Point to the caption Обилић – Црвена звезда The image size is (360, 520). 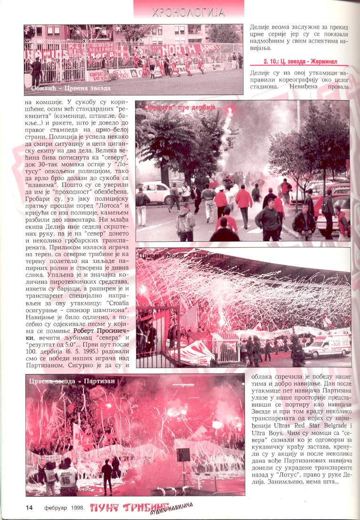click(71, 88)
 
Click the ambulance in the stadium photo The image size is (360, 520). click(327, 346)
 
